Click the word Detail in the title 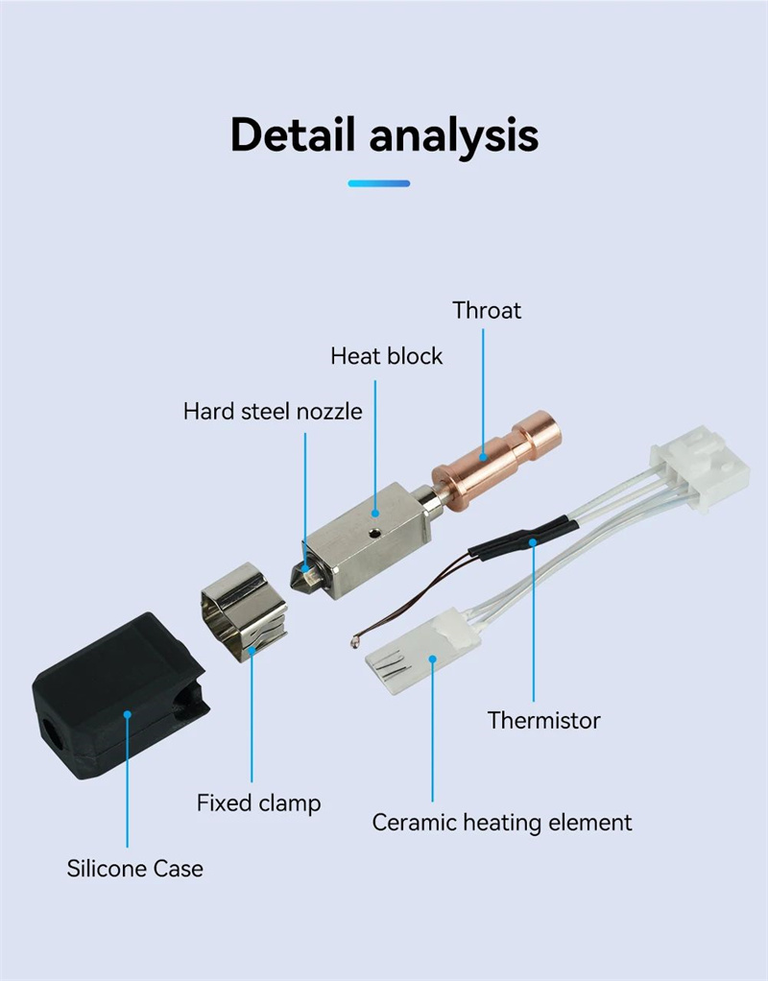293,135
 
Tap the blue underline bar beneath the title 379,183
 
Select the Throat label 487,310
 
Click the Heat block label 387,356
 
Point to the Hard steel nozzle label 273,412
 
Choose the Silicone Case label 135,869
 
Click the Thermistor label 543,720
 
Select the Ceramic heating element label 502,823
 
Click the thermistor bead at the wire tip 356,634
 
